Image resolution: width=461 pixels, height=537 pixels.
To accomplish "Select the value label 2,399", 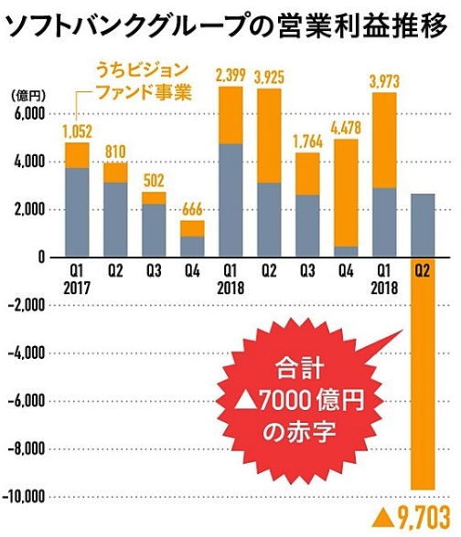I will [230, 74].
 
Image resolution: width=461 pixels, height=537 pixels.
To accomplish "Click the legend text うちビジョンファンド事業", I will [144, 80].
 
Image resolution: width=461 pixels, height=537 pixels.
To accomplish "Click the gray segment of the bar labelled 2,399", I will [230, 200].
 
